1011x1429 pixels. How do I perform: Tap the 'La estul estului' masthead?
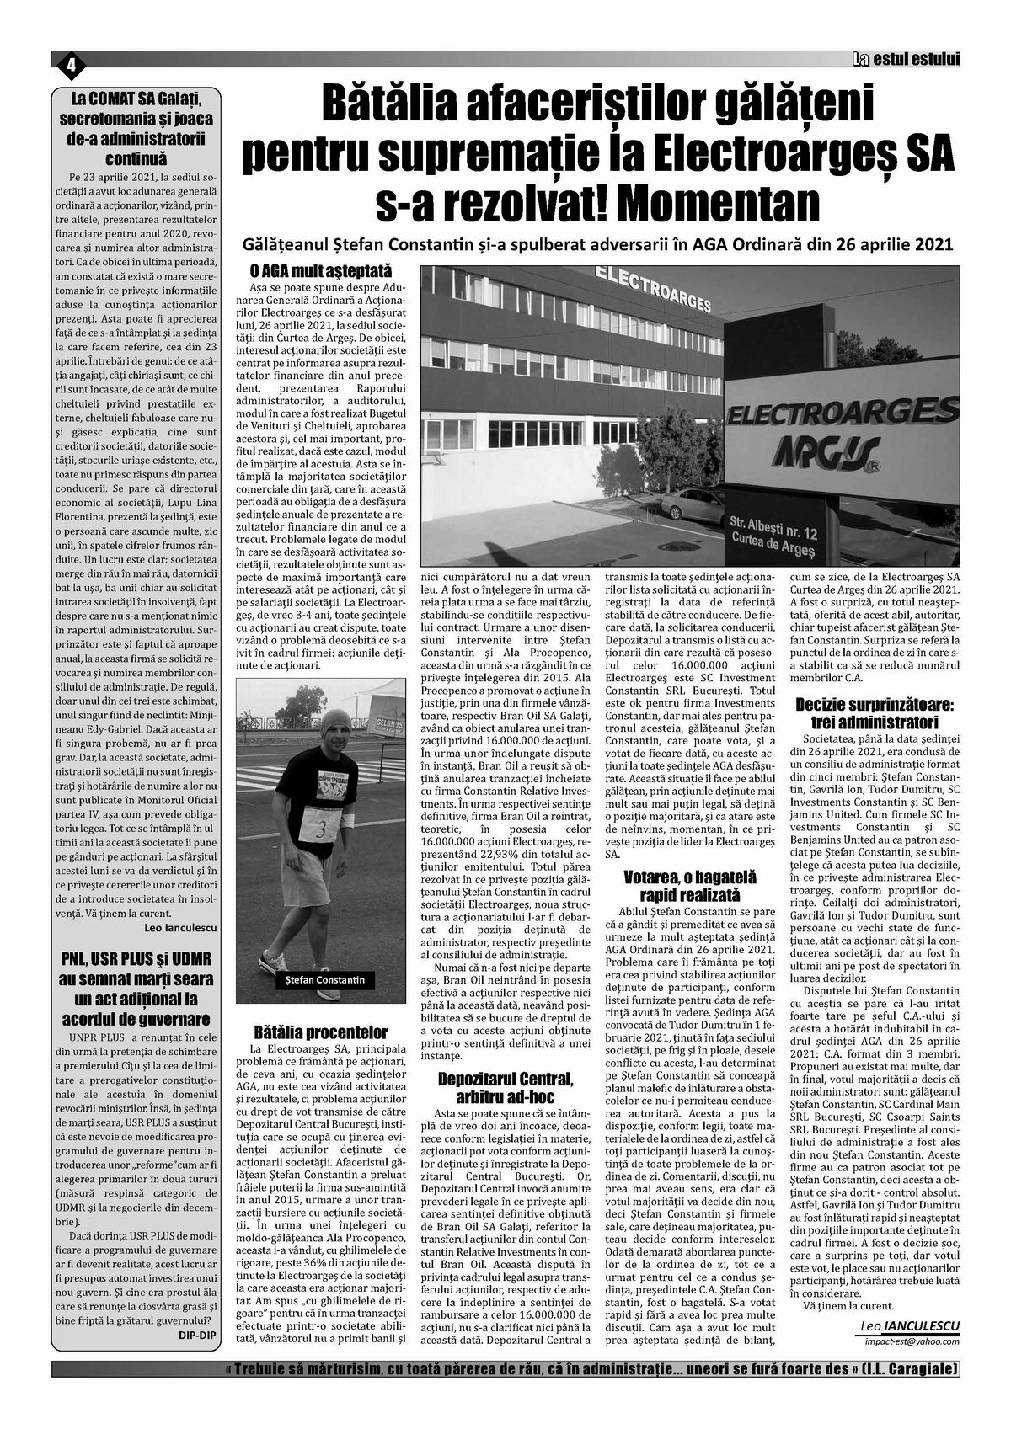(905, 59)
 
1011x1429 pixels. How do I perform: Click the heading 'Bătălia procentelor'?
(321, 1032)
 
